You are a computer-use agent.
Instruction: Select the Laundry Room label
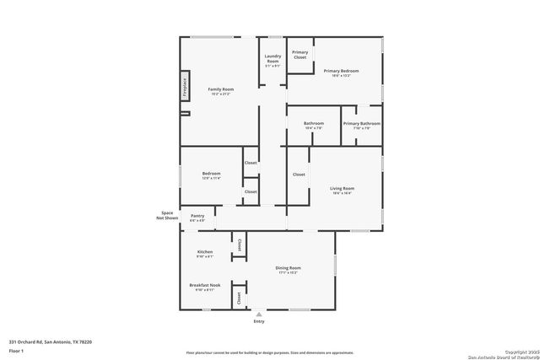pos(272,59)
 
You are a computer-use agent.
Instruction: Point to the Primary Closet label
pos(300,55)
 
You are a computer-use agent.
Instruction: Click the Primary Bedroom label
pos(341,71)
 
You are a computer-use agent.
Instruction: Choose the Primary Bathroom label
pos(361,124)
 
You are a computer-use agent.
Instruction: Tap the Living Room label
pos(342,188)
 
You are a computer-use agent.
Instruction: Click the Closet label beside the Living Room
pos(299,175)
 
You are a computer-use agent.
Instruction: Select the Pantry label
pos(197,216)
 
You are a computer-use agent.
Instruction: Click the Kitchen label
pos(205,252)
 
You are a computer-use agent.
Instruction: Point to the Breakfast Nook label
pos(205,285)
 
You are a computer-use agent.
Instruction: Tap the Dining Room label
pos(289,268)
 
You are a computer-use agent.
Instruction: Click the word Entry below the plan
pos(259,322)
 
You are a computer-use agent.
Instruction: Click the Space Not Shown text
pos(169,215)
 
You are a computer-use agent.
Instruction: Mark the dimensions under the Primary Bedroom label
pos(341,76)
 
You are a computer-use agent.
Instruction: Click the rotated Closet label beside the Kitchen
pos(239,244)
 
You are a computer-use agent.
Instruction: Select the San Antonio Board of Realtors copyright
pos(503,352)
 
